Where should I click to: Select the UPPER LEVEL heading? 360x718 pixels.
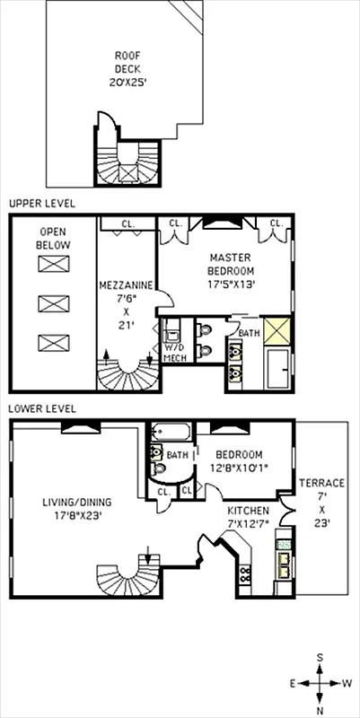pos(41,204)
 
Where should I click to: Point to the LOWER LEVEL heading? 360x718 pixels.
pos(42,408)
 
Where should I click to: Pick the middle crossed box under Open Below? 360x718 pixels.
pos(52,302)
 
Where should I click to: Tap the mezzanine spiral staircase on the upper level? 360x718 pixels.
pos(126,371)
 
